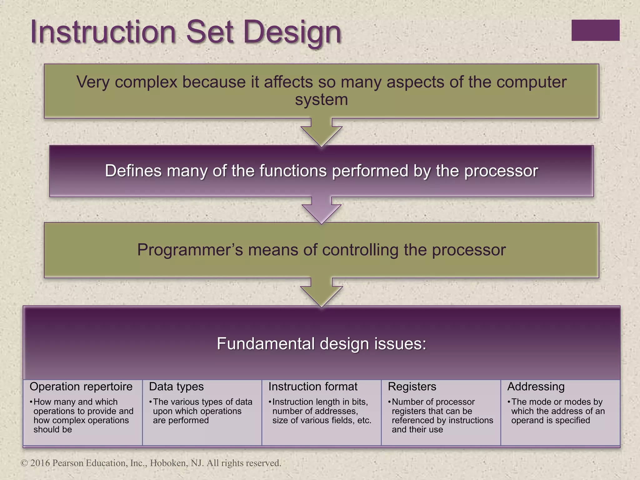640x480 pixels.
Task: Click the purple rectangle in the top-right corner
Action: [595, 30]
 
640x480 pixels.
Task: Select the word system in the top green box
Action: [321, 100]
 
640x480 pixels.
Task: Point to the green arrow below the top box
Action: [321, 132]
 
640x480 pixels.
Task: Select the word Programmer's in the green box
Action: [190, 250]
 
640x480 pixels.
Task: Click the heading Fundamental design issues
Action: [321, 344]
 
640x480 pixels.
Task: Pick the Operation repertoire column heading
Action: [81, 387]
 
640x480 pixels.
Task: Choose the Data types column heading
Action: [176, 387]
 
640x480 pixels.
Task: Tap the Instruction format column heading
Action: [313, 387]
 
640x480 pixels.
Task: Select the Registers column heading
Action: [412, 387]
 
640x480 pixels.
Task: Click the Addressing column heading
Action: [536, 387]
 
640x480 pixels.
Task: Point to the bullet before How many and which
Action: [31, 402]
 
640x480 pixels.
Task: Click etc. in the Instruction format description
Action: [364, 420]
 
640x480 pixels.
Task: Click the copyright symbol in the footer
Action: [24, 463]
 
